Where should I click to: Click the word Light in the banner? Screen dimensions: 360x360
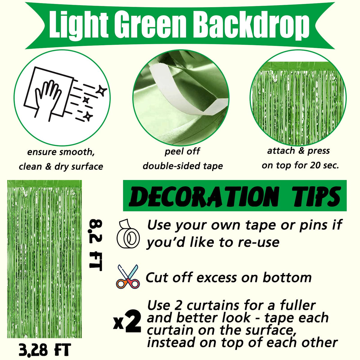[x=79, y=25]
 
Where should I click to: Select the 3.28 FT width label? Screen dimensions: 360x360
[x=45, y=349]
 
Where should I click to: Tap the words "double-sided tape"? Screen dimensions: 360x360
[x=183, y=166]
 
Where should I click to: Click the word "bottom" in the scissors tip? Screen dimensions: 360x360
[x=287, y=277]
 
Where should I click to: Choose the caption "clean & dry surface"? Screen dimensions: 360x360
[x=61, y=166]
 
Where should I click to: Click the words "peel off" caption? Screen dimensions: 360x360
[x=182, y=151]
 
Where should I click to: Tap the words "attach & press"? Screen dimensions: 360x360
[x=298, y=151]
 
